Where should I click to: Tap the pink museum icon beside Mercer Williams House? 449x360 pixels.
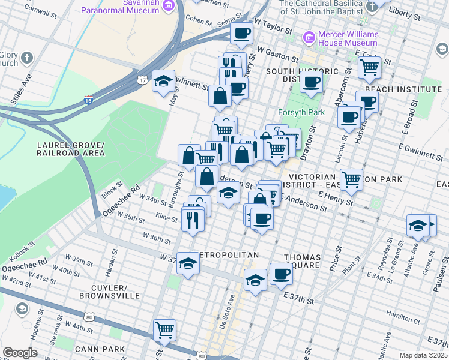point(310,37)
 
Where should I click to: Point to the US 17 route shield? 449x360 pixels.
point(142,80)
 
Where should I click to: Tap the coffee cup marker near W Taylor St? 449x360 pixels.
point(241,35)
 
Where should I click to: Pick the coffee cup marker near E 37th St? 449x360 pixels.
point(280,275)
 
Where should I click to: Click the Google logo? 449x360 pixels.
point(20,353)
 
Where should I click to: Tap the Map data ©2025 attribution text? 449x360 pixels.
point(423,355)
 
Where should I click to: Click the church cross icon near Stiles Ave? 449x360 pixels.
point(27,58)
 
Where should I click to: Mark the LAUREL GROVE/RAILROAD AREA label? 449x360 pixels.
point(71,149)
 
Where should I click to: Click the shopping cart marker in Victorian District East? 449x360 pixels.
point(351,178)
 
